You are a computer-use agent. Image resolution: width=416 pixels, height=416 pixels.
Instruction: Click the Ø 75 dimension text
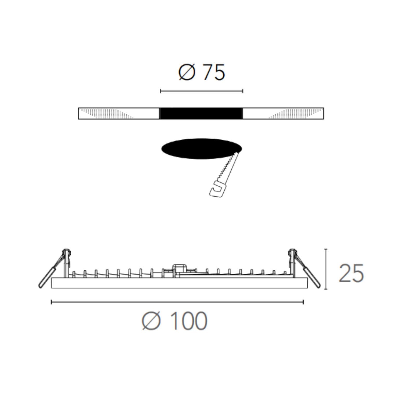pos(201,72)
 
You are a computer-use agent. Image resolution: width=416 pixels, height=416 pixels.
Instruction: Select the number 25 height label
pos(351,273)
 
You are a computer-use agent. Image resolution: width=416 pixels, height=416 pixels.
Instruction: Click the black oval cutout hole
pos(201,148)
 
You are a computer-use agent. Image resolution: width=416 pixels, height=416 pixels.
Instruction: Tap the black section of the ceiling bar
pos(201,113)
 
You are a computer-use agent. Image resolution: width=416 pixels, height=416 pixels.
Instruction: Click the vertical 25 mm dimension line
pos(326,269)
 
